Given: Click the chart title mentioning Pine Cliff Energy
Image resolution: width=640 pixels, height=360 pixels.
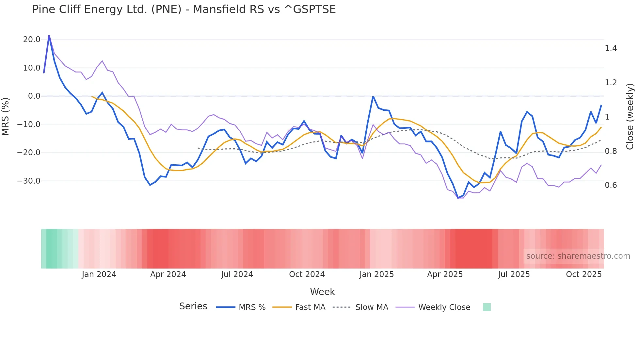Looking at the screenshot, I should [184, 9].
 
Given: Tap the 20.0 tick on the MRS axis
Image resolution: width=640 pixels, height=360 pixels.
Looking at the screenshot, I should [32, 40].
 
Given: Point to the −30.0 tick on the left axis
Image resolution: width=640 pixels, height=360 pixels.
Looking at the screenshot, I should [29, 181].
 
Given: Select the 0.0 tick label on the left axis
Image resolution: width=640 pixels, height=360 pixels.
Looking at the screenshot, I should [34, 96].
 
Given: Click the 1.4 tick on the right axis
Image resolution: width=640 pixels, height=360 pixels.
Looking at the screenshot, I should [611, 48].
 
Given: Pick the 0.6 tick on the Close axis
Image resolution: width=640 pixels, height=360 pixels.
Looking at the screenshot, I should [611, 185].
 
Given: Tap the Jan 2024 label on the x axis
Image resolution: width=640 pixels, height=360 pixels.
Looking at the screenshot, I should [99, 274].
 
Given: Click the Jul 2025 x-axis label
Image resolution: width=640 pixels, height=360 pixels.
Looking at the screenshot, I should [514, 274].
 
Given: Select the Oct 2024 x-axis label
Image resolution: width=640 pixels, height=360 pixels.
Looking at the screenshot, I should [307, 274].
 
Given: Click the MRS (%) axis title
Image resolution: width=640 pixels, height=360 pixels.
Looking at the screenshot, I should [6, 116].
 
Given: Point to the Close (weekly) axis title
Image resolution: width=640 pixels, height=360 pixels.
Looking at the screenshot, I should [630, 116].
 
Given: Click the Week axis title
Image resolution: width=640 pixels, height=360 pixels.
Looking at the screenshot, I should [322, 292].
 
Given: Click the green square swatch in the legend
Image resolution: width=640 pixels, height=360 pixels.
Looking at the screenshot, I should [487, 307].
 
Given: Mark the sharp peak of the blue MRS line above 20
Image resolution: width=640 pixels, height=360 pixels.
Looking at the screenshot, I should [49, 35].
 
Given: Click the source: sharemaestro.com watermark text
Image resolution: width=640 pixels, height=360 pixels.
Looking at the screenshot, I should [578, 256].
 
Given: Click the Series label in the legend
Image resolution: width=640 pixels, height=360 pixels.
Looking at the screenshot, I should [193, 306].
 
